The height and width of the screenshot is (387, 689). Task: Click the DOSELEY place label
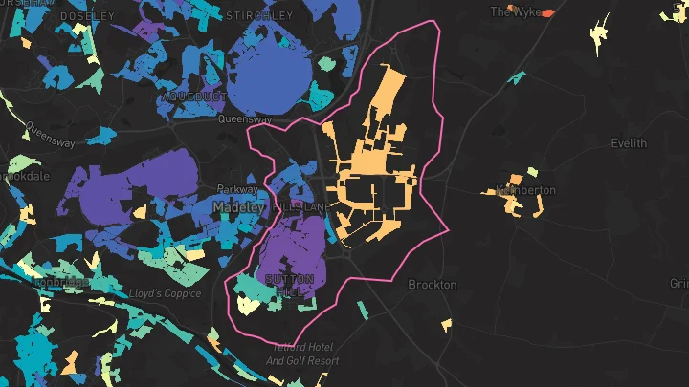pyautogui.click(x=87, y=16)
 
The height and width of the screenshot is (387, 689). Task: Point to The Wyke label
pyautogui.click(x=515, y=12)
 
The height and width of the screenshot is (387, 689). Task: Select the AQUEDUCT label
pyautogui.click(x=195, y=97)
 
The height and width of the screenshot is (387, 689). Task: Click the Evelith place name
pyautogui.click(x=629, y=143)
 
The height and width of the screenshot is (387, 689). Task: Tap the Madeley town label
pyautogui.click(x=238, y=207)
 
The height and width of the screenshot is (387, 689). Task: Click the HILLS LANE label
pyautogui.click(x=301, y=207)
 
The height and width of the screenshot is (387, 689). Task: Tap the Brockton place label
pyautogui.click(x=433, y=285)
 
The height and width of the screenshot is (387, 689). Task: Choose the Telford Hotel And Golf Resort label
pyautogui.click(x=302, y=355)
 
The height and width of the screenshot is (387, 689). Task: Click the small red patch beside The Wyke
pyautogui.click(x=547, y=14)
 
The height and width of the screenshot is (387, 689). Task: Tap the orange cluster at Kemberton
pyautogui.click(x=513, y=196)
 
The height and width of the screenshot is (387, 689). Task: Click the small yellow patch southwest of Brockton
pyautogui.click(x=447, y=325)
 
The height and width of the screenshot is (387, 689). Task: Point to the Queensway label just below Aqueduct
pyautogui.click(x=238, y=120)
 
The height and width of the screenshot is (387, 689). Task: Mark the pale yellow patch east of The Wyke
pyautogui.click(x=600, y=34)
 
